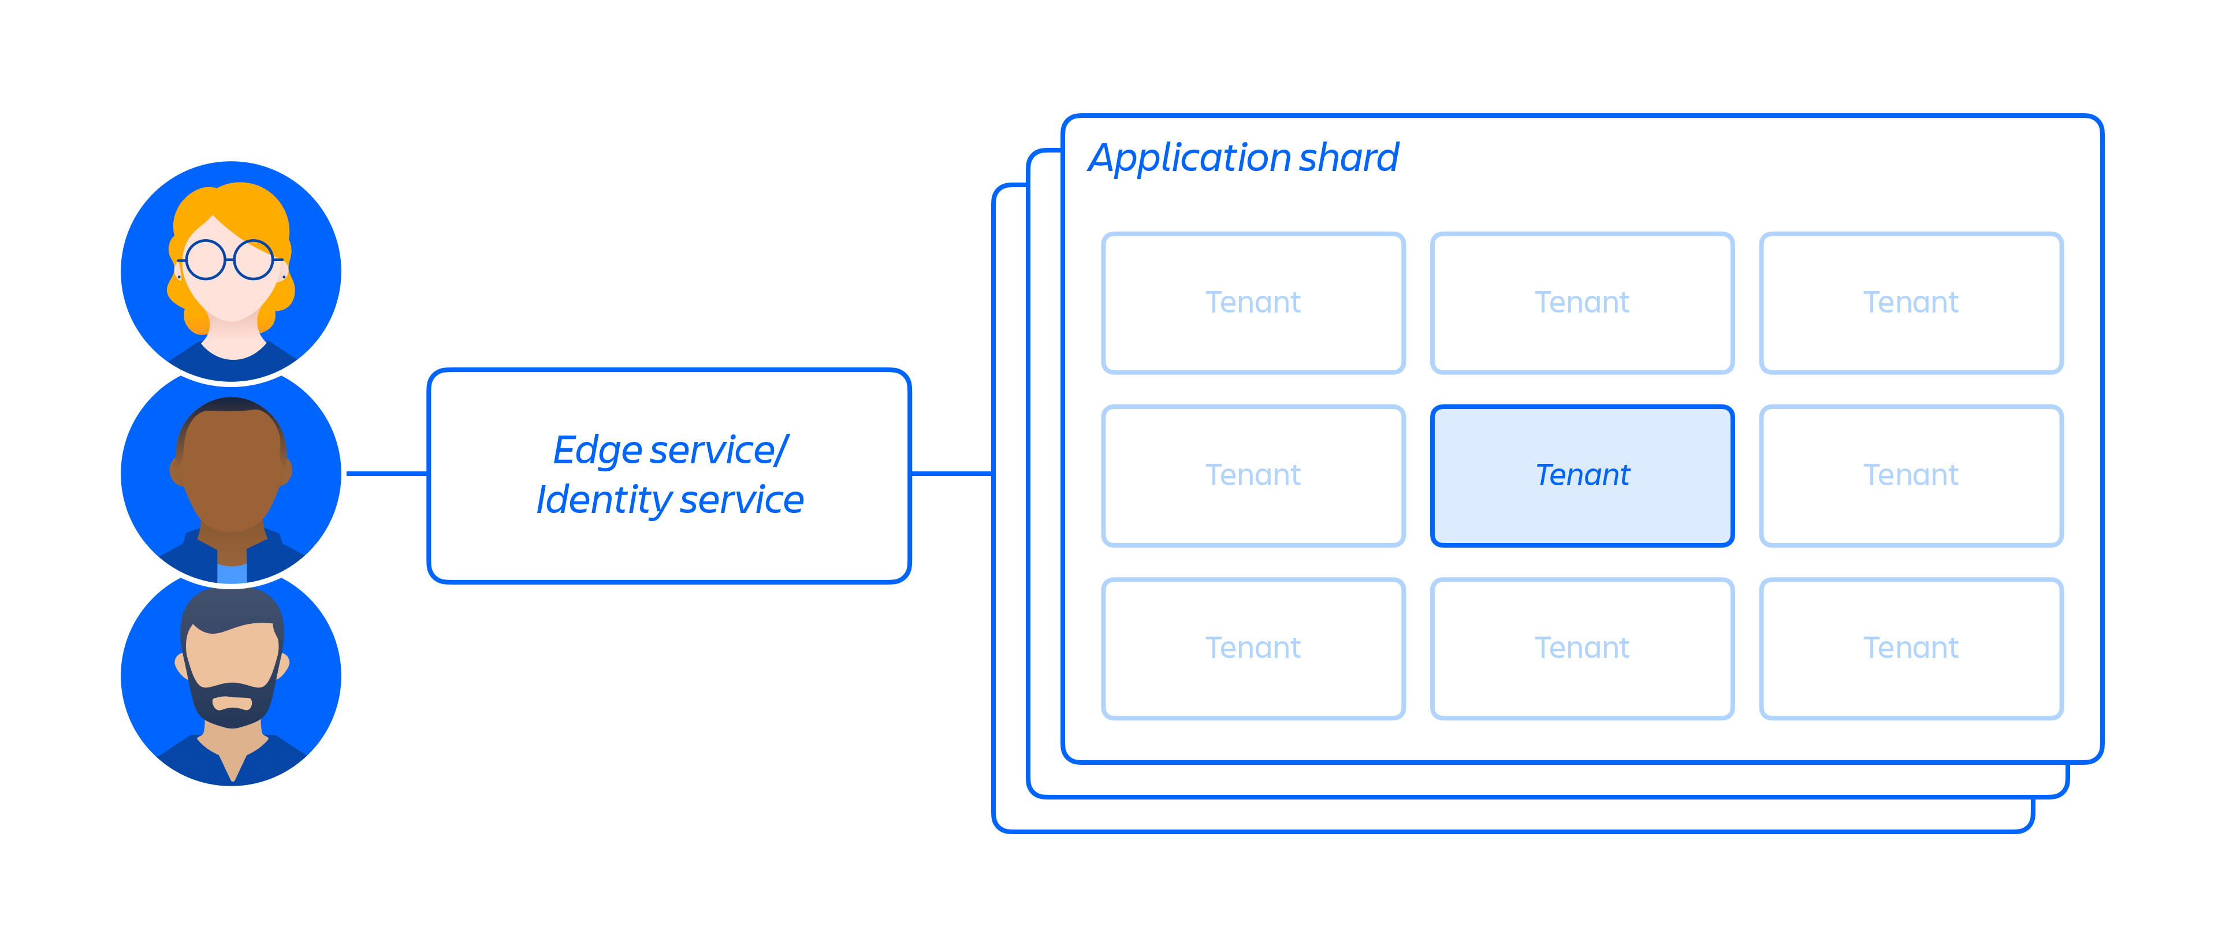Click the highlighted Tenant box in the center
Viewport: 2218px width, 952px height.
click(x=1581, y=475)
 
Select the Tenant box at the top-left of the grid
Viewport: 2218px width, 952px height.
click(x=1253, y=303)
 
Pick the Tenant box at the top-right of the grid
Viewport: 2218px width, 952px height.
click(x=1911, y=303)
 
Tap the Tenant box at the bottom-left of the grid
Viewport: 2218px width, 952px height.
click(x=1253, y=648)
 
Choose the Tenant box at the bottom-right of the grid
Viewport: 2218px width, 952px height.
click(x=1911, y=648)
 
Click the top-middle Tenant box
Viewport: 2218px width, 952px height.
click(x=1581, y=303)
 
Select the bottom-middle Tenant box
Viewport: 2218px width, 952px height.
click(x=1581, y=648)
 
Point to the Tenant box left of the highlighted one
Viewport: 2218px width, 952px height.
click(x=1253, y=475)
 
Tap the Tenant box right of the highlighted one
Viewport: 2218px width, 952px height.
click(x=1911, y=475)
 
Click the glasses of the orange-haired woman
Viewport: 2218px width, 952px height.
click(x=229, y=260)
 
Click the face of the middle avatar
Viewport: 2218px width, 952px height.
click(x=231, y=474)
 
